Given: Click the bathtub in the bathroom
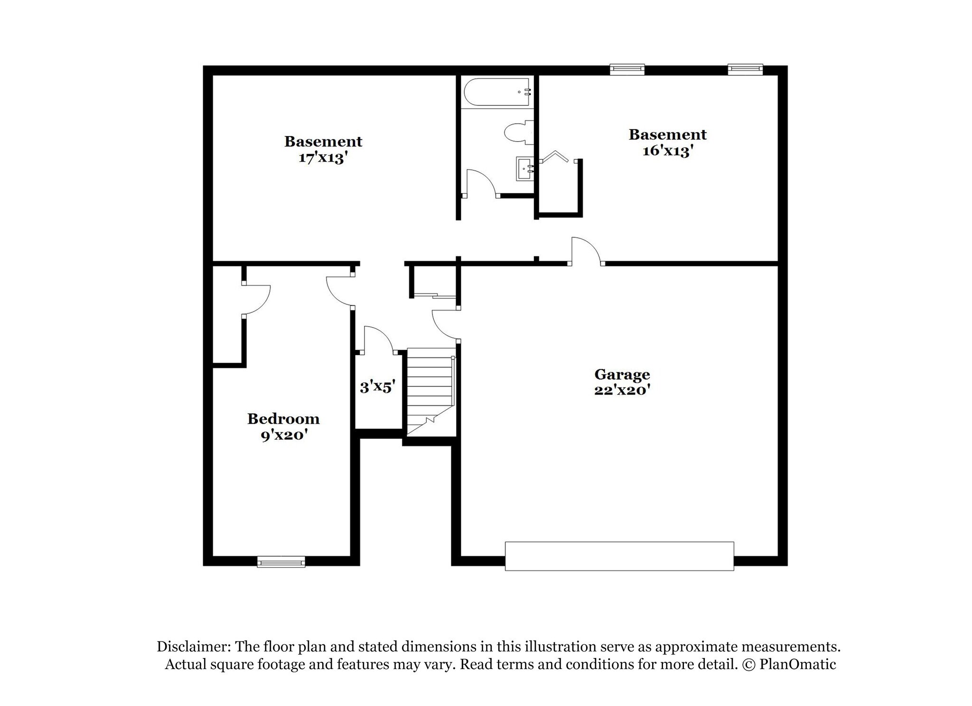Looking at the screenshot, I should tap(496, 92).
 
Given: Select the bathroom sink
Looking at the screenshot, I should tap(525, 169).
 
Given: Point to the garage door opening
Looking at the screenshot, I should tap(619, 556).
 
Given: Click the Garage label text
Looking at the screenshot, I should tap(622, 375).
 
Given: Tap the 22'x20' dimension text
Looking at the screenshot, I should tap(622, 390).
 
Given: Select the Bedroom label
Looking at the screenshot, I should tap(283, 419).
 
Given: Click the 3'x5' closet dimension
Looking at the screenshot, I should tap(377, 387).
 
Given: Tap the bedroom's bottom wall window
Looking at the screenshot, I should tap(281, 562).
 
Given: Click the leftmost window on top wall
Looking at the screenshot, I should tap(627, 70).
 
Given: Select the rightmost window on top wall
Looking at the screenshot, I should tap(745, 69).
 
